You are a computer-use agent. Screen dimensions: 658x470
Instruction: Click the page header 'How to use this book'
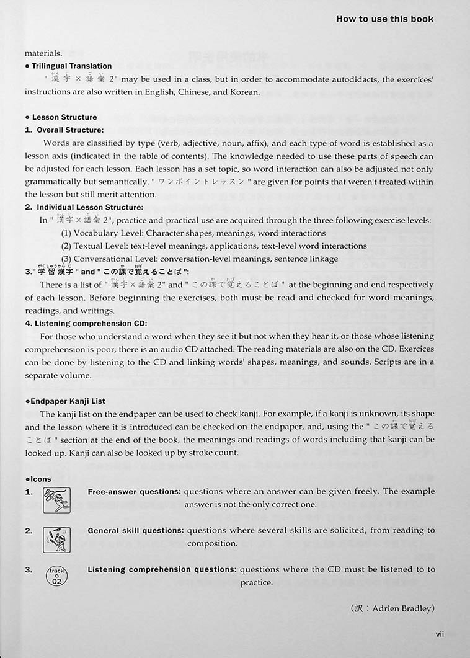(384, 19)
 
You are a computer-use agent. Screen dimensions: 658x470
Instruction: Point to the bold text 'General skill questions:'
(135, 531)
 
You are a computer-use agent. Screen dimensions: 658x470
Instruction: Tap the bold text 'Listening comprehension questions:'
(161, 569)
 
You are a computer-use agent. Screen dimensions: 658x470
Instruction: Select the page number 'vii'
(440, 633)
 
